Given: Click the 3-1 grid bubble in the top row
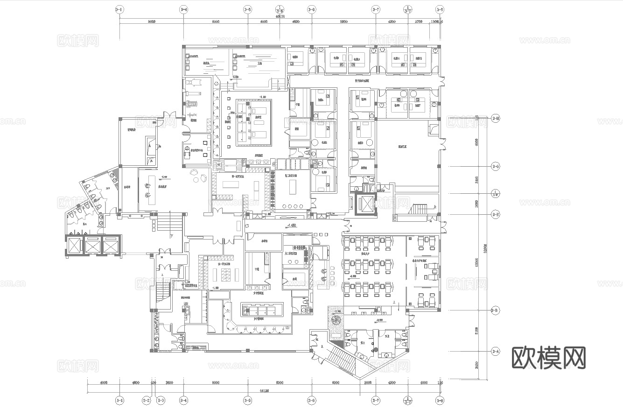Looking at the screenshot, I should coord(120,9).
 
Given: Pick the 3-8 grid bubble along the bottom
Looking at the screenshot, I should coord(439,400).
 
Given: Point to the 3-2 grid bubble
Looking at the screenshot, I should coord(147,400).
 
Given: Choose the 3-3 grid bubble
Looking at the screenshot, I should coord(161,400).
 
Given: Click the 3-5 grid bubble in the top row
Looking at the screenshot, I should coord(248,9).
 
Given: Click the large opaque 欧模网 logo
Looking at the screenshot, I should coord(549,358).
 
